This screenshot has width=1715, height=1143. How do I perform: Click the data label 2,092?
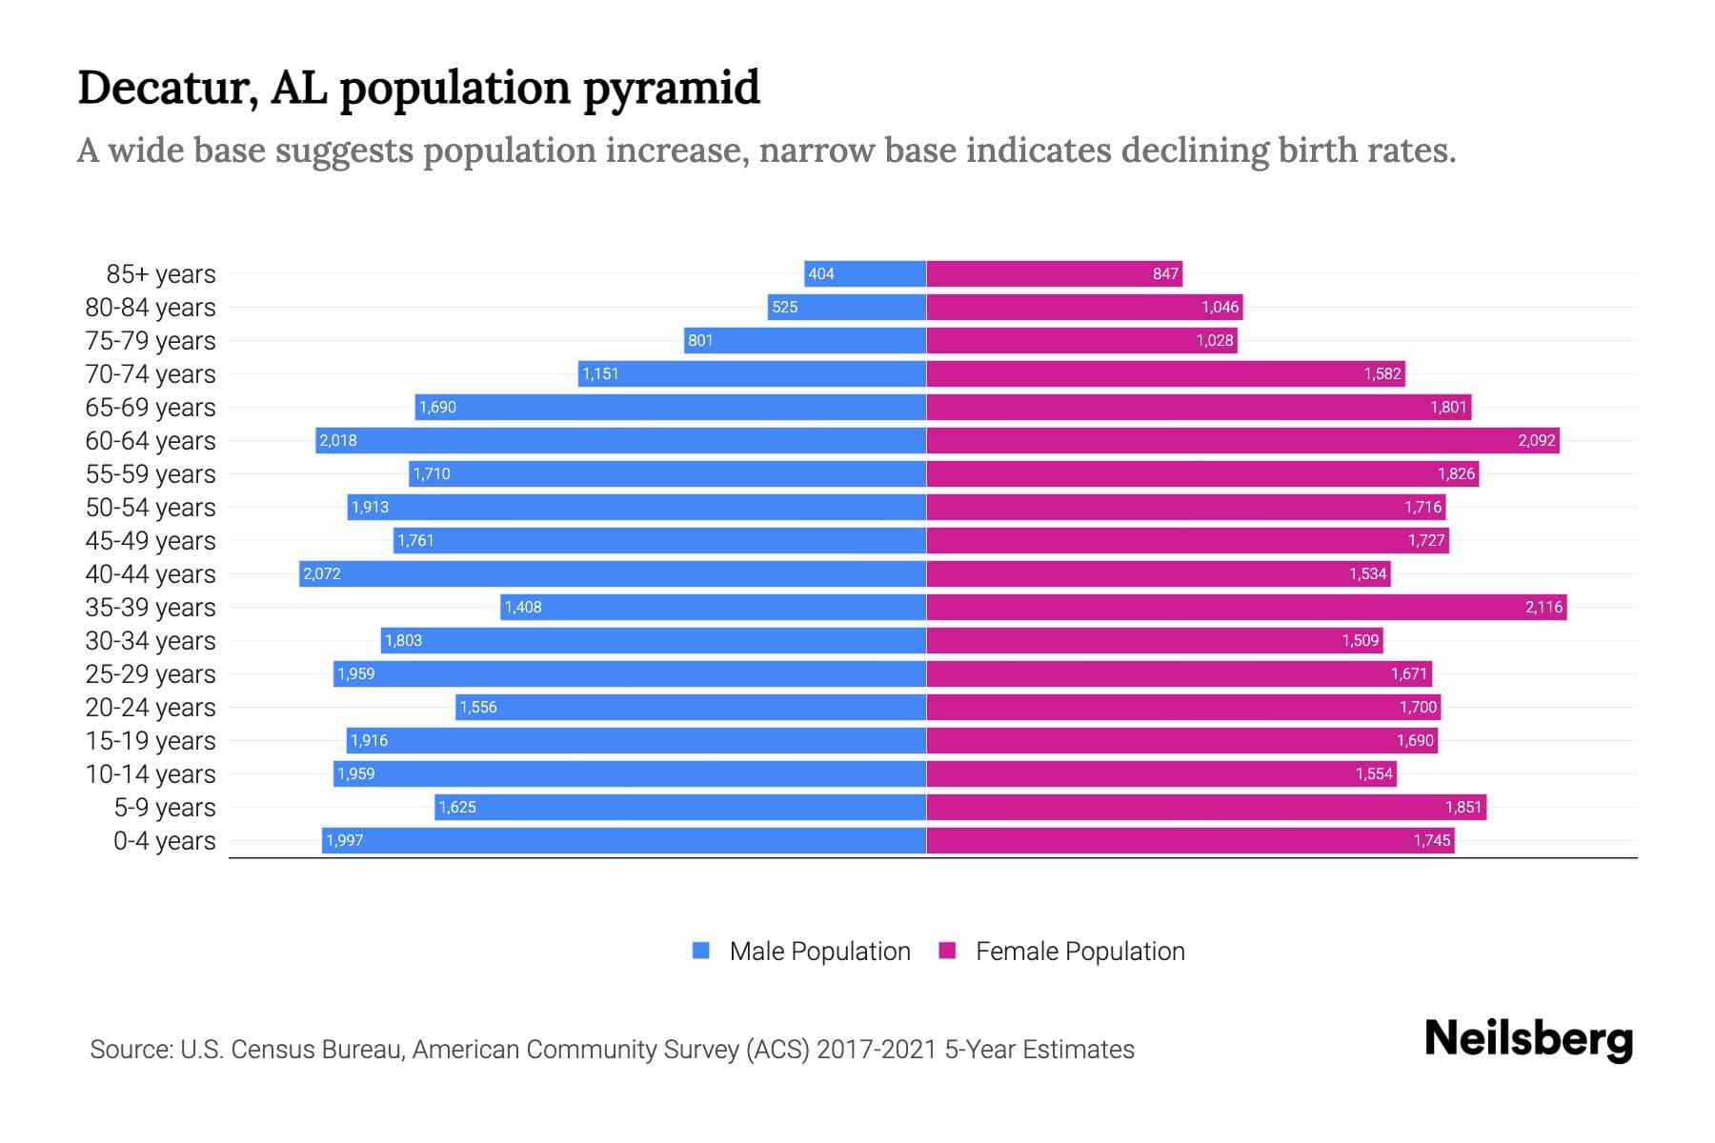point(1536,441)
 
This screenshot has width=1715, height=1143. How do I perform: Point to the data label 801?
point(700,341)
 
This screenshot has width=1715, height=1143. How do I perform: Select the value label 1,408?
point(523,608)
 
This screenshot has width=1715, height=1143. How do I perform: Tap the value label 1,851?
point(1463,808)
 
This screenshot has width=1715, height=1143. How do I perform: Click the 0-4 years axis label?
point(164,841)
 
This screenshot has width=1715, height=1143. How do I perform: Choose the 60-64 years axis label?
point(151,441)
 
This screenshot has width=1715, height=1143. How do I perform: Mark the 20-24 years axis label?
point(151,708)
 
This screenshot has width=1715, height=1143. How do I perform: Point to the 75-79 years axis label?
point(151,341)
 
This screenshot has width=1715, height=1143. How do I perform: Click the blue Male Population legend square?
point(701,951)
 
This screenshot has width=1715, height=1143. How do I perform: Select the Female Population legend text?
point(1079,952)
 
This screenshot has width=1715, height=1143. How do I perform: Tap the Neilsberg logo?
point(1528,1038)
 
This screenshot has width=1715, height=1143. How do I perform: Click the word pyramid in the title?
point(671,89)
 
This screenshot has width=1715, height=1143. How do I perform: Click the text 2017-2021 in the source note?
point(877,1050)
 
